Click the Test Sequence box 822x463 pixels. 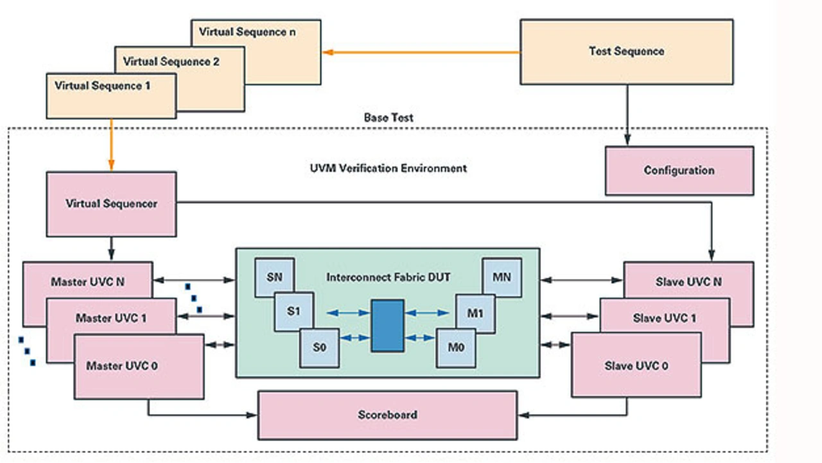pyautogui.click(x=626, y=51)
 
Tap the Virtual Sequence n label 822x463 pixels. pyautogui.click(x=247, y=31)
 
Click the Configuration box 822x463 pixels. pyautogui.click(x=679, y=171)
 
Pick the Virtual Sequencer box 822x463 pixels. pyautogui.click(x=111, y=204)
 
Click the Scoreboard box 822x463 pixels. pyautogui.click(x=387, y=415)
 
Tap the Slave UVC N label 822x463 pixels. pyautogui.click(x=688, y=282)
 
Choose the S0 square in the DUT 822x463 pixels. pyautogui.click(x=320, y=347)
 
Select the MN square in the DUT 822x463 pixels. pyautogui.click(x=502, y=277)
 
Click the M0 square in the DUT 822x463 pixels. pyautogui.click(x=456, y=347)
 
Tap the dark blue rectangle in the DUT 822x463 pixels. pyautogui.click(x=388, y=325)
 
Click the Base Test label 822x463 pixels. pyautogui.click(x=389, y=118)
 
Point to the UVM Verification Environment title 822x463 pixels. pyautogui.click(x=388, y=168)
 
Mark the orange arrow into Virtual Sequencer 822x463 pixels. pyautogui.click(x=111, y=144)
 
